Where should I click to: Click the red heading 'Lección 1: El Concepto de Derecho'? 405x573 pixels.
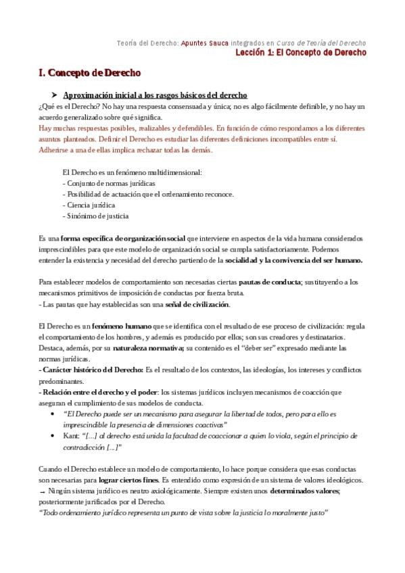point(306,52)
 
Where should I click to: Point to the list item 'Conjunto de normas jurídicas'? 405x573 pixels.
point(110,183)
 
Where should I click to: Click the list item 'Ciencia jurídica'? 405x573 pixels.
point(90,205)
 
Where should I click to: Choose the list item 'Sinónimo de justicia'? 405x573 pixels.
point(97,216)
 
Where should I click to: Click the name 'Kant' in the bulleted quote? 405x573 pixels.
point(70,437)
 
